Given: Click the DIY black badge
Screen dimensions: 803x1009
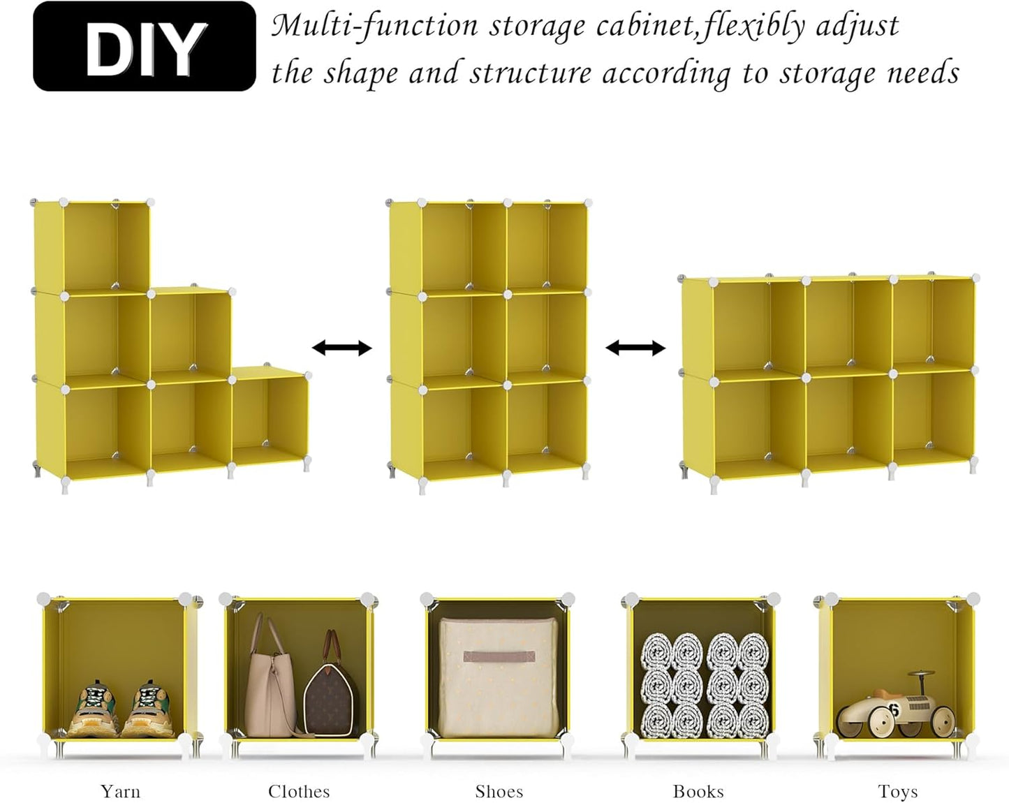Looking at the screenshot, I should point(145,46).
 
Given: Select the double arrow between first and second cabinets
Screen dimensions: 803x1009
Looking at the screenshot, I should point(341,348).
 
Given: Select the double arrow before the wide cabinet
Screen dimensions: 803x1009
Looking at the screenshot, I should point(635,348).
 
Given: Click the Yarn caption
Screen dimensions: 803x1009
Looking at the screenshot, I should point(120,791).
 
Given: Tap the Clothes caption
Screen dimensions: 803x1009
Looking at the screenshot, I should point(299,791).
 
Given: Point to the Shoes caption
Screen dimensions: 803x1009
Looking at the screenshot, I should point(499,791).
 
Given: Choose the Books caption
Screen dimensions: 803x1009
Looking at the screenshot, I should point(698,791).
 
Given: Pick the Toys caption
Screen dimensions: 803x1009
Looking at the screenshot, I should point(897,791).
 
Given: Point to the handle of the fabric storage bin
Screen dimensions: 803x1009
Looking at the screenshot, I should point(499,657).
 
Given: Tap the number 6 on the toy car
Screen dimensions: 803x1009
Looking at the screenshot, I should point(893,710).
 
